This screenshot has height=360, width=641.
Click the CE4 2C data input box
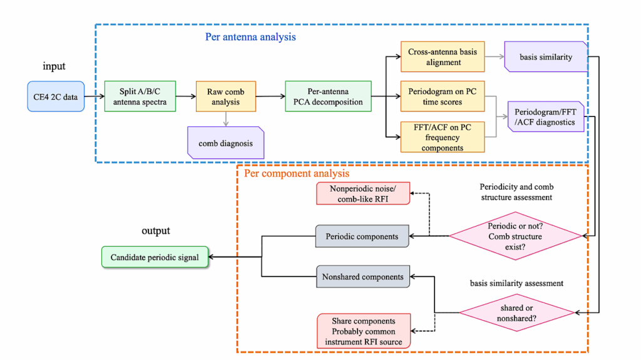pos(55,96)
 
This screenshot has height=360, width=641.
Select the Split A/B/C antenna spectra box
pos(140,96)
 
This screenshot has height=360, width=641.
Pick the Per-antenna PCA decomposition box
pos(327,96)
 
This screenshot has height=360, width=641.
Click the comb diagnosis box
pos(226,143)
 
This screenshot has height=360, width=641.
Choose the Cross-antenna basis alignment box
pos(443,57)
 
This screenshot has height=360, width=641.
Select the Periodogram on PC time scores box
pos(443,96)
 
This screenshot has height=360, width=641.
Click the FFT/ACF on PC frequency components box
pos(443,137)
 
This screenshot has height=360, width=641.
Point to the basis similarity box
pos(546,57)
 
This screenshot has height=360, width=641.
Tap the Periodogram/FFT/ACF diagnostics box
pos(546,117)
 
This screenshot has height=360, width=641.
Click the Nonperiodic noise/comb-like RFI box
pos(362,193)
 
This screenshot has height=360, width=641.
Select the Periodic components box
pos(362,237)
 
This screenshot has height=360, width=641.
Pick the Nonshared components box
pos(362,276)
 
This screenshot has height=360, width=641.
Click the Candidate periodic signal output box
pos(155,257)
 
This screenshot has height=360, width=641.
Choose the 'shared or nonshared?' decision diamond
pos(516,311)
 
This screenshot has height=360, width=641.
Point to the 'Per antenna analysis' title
pos(250,37)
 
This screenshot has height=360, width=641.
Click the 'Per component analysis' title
pos(297,173)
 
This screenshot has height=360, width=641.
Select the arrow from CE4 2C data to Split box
pos(93,96)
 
